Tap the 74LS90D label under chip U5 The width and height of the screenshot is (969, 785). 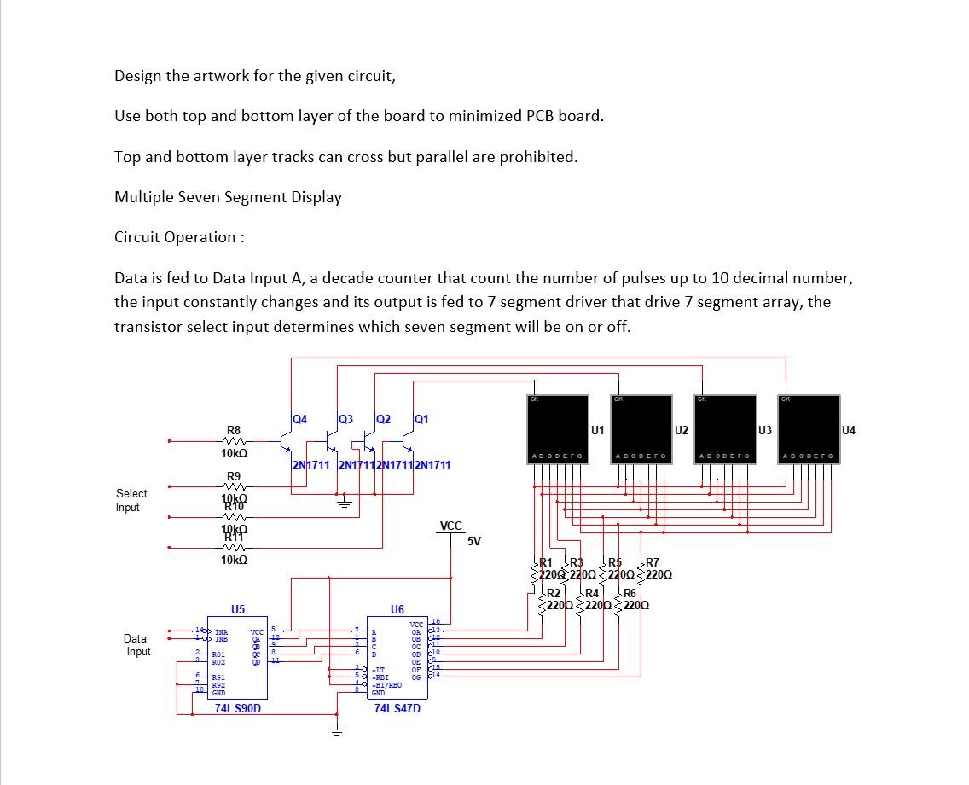tap(238, 708)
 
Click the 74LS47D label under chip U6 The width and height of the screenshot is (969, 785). tap(397, 708)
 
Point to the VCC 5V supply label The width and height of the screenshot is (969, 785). tap(451, 526)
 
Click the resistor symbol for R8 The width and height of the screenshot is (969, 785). tap(233, 442)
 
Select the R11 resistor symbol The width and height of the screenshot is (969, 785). tap(233, 548)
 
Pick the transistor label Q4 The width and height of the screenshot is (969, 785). tap(299, 419)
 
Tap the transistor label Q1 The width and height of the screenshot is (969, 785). tap(421, 419)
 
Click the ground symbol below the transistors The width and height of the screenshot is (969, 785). tap(345, 503)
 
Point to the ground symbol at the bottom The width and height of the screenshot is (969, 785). tap(338, 731)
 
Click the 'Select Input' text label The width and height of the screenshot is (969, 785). tap(131, 500)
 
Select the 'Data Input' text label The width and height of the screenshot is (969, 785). tap(136, 645)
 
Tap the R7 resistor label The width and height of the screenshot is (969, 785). tap(652, 562)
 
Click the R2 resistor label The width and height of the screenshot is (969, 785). tap(554, 593)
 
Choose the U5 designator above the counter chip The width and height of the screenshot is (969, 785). tap(238, 609)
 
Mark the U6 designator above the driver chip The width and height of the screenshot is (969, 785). tap(397, 609)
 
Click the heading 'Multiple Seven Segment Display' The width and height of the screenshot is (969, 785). tap(228, 197)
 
